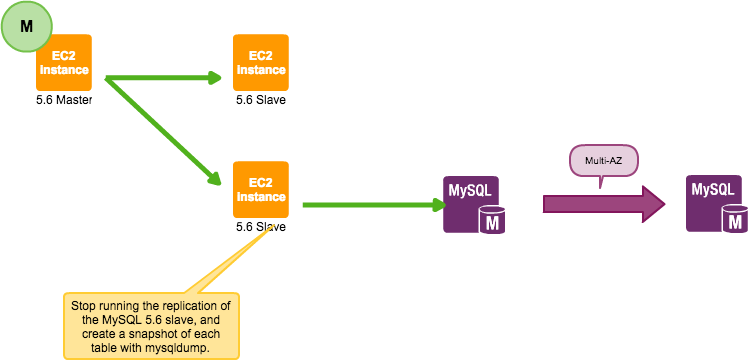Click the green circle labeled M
pos(26,26)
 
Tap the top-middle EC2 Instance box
pos(261,63)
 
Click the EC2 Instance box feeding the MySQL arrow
pos(261,189)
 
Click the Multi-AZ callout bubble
pos(603,159)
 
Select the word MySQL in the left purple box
pos(468,190)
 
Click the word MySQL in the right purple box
pos(713,189)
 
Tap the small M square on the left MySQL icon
pos(492,222)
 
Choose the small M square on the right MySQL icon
pos(735,221)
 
